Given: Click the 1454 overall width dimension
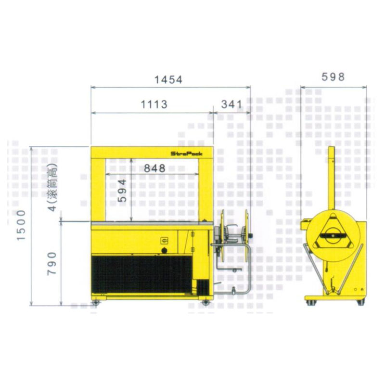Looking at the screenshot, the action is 168,79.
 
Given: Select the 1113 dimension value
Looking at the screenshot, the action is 154,104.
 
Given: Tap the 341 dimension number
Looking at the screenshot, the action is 231,104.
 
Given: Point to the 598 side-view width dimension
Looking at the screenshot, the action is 333,77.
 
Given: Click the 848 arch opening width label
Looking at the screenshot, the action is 154,168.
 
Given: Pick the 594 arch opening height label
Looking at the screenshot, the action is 122,191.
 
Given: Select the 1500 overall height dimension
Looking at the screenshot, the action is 21,225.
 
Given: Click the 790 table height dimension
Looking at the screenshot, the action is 52,263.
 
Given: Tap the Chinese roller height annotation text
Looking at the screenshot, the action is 52,187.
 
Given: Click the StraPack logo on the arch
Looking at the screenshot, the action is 187,154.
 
